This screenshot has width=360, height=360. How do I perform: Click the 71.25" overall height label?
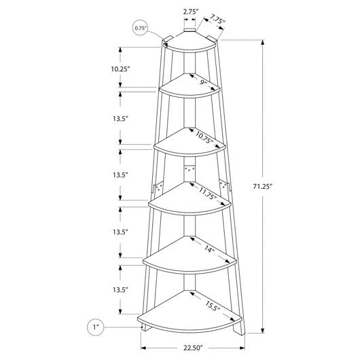pyautogui.click(x=262, y=186)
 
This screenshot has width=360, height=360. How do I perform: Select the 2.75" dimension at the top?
pyautogui.click(x=191, y=12)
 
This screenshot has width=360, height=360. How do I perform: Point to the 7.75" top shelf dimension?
pyautogui.click(x=217, y=20)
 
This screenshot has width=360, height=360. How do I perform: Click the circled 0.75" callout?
pyautogui.click(x=141, y=28)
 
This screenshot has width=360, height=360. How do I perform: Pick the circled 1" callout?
pyautogui.click(x=96, y=327)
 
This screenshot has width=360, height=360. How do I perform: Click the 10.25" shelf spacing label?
pyautogui.click(x=120, y=69)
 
